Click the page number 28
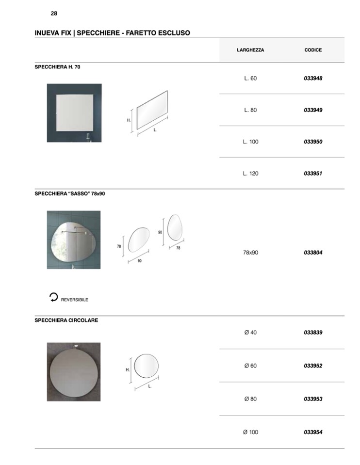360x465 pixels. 54,14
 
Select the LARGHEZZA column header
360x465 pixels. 250,50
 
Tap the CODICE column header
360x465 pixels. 313,50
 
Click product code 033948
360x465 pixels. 313,78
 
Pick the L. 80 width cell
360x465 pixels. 250,110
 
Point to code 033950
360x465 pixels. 313,142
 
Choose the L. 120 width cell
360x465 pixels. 250,173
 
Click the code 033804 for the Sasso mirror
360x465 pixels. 313,253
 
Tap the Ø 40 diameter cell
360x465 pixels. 250,333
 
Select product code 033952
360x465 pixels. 313,366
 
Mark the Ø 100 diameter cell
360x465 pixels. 250,432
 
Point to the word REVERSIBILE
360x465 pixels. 75,300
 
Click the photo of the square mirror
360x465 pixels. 74,113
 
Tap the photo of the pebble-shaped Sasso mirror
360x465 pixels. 74,240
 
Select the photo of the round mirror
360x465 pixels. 74,372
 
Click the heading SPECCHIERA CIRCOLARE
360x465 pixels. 66,321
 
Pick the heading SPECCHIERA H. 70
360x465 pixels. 57,67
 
